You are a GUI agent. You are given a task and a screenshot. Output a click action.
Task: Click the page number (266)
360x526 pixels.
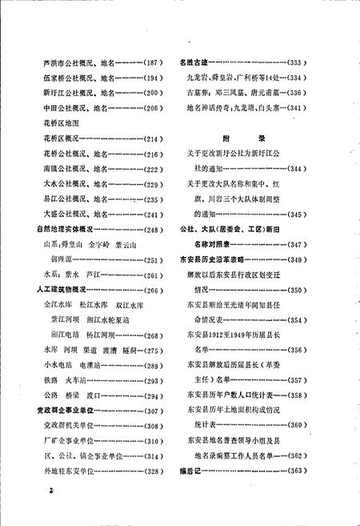pyautogui.click(x=150, y=291)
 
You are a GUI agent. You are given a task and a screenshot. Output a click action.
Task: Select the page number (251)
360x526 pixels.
pyautogui.click(x=150, y=260)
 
